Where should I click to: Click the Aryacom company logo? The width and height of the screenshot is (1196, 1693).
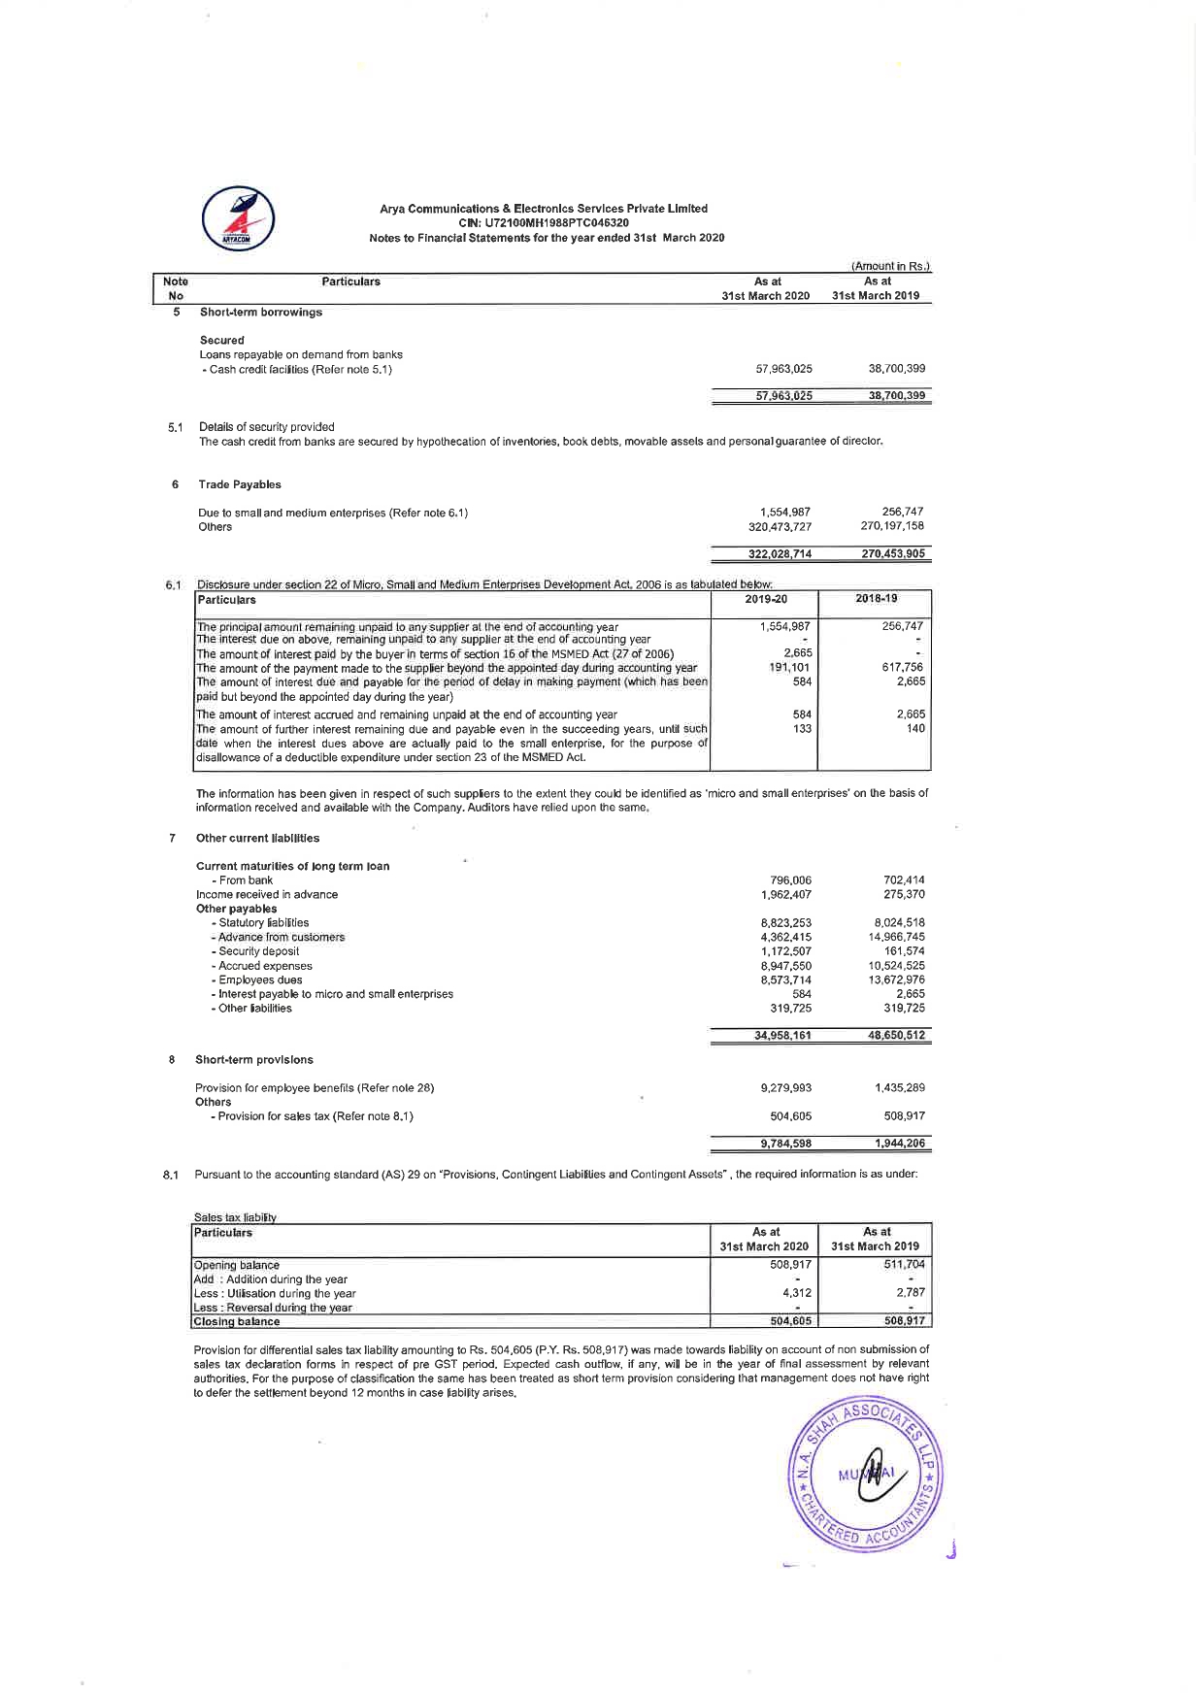click(x=238, y=218)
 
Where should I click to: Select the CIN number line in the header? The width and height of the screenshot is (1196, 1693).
click(x=544, y=223)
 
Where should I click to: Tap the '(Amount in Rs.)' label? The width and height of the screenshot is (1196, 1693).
click(x=890, y=266)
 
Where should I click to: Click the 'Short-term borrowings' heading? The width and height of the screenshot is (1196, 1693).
click(x=261, y=313)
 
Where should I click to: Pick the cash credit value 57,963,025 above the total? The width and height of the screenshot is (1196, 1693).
click(x=783, y=369)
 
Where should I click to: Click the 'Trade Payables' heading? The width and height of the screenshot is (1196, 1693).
click(x=240, y=484)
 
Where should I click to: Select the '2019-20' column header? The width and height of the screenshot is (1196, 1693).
click(x=767, y=599)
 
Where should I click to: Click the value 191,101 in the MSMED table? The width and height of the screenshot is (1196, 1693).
click(x=789, y=668)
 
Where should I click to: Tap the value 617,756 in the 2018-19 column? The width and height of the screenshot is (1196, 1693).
click(x=902, y=668)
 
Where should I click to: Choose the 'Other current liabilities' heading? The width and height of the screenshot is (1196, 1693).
click(x=257, y=838)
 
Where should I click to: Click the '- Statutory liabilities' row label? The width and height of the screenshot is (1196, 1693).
click(x=260, y=923)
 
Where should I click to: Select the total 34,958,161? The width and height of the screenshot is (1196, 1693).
click(x=782, y=1036)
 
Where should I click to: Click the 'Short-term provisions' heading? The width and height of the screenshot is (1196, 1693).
click(x=254, y=1060)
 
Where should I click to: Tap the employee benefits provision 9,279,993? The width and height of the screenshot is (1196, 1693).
click(x=785, y=1088)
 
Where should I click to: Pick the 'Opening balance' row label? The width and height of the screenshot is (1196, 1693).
click(x=237, y=1265)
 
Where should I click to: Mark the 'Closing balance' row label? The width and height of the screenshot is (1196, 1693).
click(x=237, y=1321)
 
